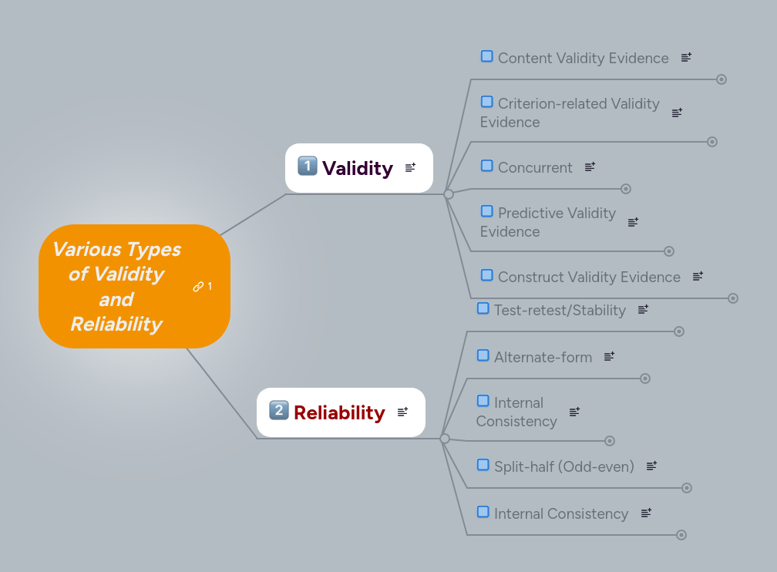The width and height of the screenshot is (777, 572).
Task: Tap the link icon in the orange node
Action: pyautogui.click(x=198, y=287)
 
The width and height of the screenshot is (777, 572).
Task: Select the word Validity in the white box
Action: pyautogui.click(x=357, y=168)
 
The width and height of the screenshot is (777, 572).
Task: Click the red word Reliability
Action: pyautogui.click(x=339, y=412)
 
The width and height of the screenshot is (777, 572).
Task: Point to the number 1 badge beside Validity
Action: pyautogui.click(x=307, y=166)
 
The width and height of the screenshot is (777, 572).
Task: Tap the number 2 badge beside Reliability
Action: pyautogui.click(x=278, y=410)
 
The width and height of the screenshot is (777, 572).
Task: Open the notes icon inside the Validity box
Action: pyautogui.click(x=410, y=167)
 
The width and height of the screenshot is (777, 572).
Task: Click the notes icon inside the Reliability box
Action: pyautogui.click(x=402, y=412)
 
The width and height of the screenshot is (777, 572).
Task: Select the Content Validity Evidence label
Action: pyautogui.click(x=583, y=58)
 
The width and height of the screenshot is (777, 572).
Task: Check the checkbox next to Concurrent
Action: pyautogui.click(x=487, y=166)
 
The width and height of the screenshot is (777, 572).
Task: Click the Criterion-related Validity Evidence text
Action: pyautogui.click(x=570, y=113)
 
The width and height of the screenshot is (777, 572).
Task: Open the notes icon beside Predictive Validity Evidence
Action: pyautogui.click(x=633, y=222)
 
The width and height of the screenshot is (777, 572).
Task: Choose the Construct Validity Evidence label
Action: pyautogui.click(x=589, y=277)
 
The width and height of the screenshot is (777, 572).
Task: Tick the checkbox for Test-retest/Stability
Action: pyautogui.click(x=483, y=308)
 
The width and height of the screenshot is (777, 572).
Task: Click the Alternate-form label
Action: pyautogui.click(x=543, y=357)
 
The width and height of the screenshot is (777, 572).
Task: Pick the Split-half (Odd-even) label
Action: pyautogui.click(x=563, y=466)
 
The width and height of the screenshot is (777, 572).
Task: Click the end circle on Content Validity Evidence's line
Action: pyautogui.click(x=721, y=79)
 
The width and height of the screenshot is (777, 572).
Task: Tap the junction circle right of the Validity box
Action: pyautogui.click(x=449, y=194)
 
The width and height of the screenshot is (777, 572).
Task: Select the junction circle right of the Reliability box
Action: pyautogui.click(x=445, y=439)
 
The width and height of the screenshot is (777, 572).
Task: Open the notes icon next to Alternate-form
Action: pyautogui.click(x=609, y=356)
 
